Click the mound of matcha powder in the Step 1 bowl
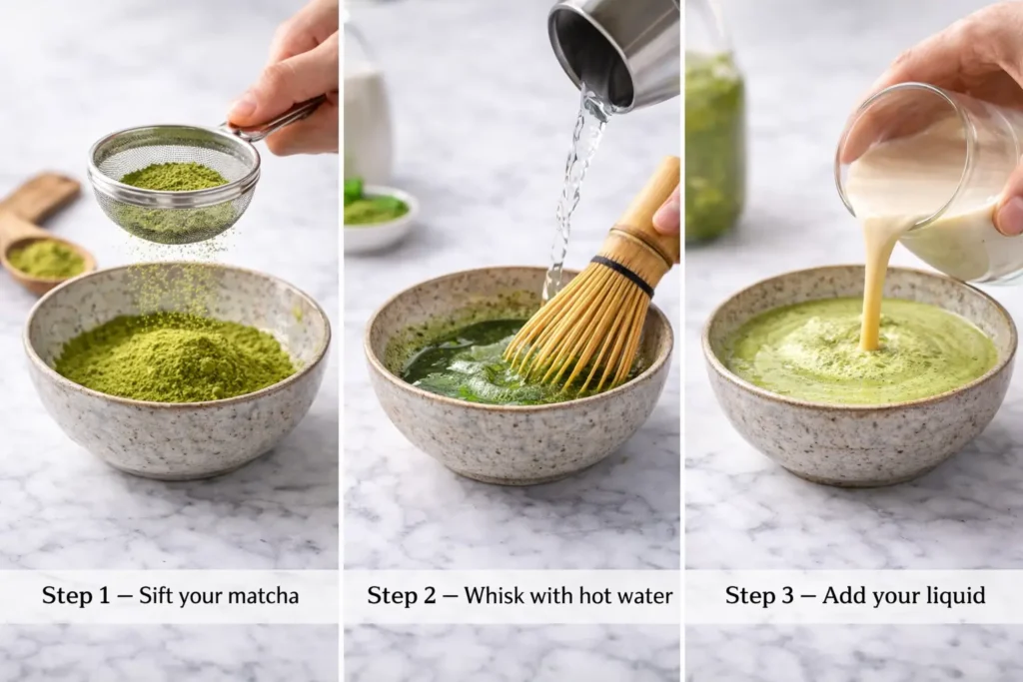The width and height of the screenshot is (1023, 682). pos(175,356)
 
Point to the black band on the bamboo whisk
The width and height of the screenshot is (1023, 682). pos(623,275)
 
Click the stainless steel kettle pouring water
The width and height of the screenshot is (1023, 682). pos(614,49)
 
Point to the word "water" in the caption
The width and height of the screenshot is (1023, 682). pos(646,596)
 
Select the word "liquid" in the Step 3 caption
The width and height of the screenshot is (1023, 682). pos(955,596)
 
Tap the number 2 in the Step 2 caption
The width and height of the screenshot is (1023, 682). pos(430,595)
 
